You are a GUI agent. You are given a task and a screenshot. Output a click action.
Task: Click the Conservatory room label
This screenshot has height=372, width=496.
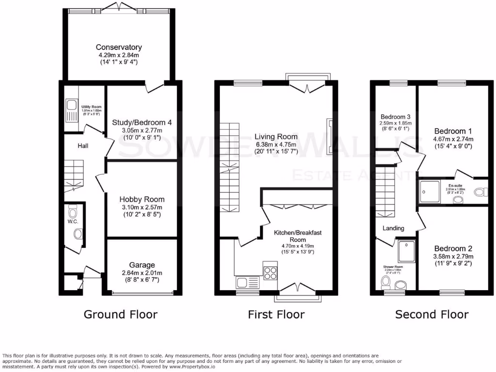click(x=119, y=47)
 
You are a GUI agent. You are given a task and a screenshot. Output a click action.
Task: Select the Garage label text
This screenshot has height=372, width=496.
click(x=142, y=265)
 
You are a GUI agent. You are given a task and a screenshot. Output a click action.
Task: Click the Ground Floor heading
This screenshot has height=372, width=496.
click(x=121, y=314)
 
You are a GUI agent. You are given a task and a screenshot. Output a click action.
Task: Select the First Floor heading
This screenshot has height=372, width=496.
click(x=276, y=314)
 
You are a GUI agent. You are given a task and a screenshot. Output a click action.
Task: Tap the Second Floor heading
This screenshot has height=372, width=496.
click(x=432, y=314)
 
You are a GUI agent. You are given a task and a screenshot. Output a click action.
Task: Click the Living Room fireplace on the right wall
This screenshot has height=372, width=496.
click(x=330, y=137)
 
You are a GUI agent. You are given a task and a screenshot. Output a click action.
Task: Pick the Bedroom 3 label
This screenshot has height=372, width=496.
click(x=395, y=117)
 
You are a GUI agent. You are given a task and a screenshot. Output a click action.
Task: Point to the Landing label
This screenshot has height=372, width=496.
click(x=393, y=228)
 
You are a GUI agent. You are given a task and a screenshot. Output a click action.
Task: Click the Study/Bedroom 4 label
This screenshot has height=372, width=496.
click(x=142, y=122)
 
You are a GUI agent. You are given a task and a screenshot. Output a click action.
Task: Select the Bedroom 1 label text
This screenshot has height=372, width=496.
click(x=453, y=131)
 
